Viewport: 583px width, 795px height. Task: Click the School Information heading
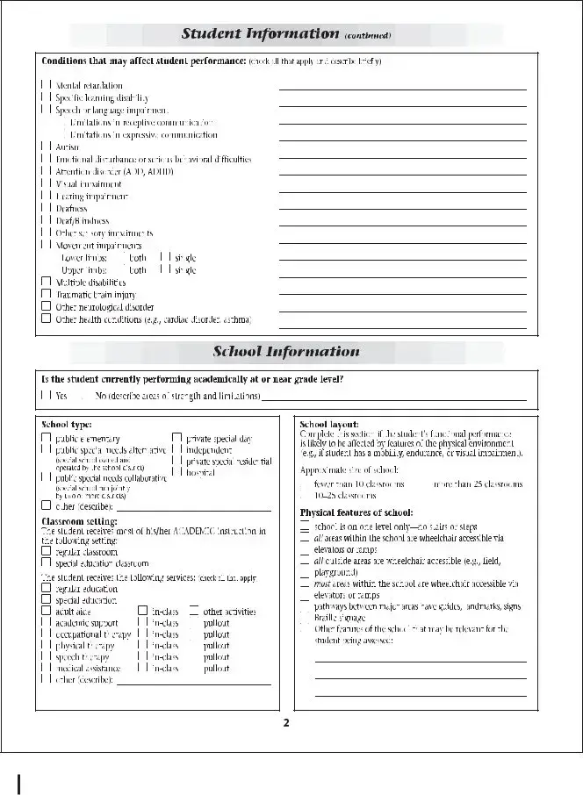285,352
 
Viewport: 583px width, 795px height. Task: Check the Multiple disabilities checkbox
46,283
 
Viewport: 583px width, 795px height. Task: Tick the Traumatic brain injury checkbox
46,295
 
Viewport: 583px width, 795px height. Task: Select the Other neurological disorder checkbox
46,307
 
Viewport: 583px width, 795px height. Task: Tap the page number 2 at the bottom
286,724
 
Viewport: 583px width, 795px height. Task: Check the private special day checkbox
176,438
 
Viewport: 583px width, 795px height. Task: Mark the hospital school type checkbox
176,472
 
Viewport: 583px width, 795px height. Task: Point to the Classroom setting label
75,521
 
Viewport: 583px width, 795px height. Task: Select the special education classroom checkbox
46,563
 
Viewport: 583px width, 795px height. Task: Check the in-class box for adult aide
142,611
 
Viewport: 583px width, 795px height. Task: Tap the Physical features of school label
356,512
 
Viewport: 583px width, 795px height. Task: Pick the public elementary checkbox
46,438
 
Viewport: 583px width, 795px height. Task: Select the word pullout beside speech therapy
216,656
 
